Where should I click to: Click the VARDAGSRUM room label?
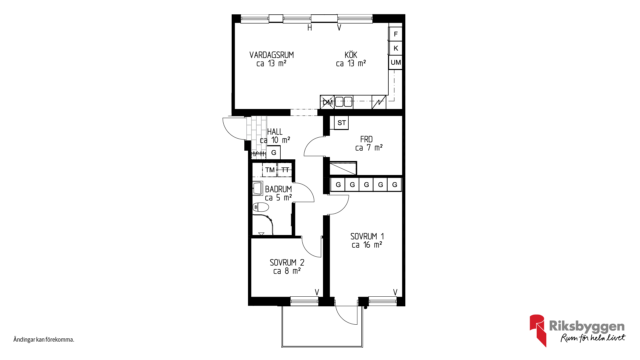coord(272,55)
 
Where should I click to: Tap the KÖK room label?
coord(351,55)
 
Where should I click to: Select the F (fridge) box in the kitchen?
coord(396,34)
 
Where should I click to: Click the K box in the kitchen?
coord(396,48)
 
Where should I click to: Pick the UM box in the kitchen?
coord(396,63)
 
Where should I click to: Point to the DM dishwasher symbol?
coord(327,102)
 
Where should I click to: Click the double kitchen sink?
coord(344,101)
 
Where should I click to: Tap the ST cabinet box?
coord(341,123)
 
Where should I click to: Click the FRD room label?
coord(366,139)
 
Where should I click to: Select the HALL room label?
coord(275,132)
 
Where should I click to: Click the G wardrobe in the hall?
coord(274,153)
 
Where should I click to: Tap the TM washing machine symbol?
coord(270,170)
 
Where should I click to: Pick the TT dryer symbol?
coord(285,170)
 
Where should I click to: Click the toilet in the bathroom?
coord(261,207)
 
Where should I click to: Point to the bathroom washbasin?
coord(258,188)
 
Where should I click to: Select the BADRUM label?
coord(278,189)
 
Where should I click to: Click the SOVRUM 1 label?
coord(367,237)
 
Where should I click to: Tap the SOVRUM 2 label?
coord(287,263)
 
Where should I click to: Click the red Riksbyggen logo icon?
coord(538,330)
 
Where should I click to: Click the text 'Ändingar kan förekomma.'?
coord(44,340)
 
